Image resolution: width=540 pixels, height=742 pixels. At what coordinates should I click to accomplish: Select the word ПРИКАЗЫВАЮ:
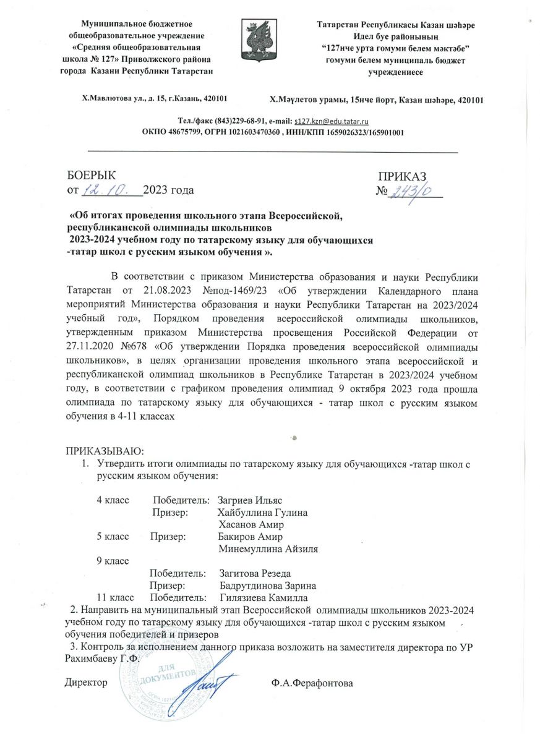click(x=105, y=448)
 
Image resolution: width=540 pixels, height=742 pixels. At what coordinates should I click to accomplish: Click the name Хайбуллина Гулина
click(x=263, y=513)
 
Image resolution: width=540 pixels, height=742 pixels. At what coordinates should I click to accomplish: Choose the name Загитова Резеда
click(x=255, y=574)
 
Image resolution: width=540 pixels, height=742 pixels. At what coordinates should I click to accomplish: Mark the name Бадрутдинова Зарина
click(x=268, y=586)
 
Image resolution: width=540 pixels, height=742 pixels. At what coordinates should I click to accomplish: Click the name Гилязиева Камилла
click(x=265, y=598)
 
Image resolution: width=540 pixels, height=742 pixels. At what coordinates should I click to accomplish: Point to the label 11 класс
click(x=115, y=598)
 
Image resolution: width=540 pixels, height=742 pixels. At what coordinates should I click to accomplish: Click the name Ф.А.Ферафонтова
click(x=312, y=683)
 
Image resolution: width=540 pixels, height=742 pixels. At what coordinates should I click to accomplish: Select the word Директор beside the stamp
click(x=87, y=683)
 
